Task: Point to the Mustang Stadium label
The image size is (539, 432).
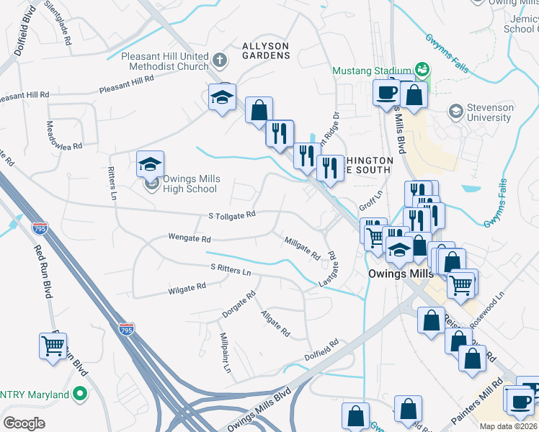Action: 371,71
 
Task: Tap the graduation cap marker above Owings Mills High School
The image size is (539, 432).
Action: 150,165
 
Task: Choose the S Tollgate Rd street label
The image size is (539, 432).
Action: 232,215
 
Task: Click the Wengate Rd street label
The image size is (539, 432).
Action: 189,238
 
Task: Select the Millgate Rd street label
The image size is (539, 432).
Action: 302,248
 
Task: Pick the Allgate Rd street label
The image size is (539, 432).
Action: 275,323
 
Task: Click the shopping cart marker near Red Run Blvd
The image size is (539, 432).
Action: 53,346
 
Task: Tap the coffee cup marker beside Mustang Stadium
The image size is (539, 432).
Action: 386,93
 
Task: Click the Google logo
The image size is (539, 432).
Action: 24,423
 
